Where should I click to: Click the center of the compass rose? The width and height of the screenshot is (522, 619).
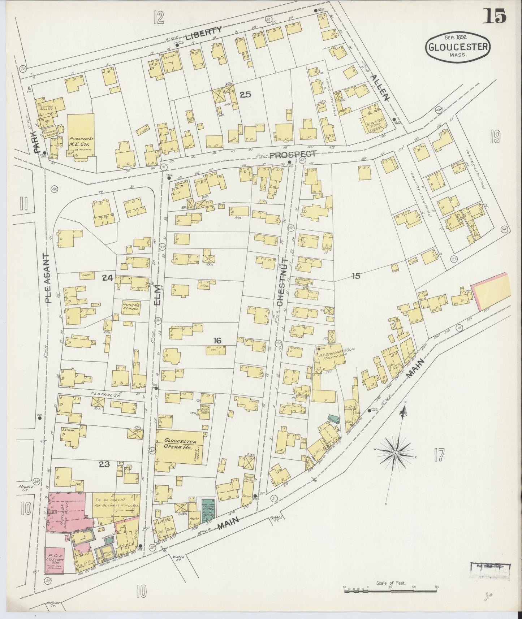tap(396, 453)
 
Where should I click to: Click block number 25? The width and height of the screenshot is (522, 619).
tap(245, 95)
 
